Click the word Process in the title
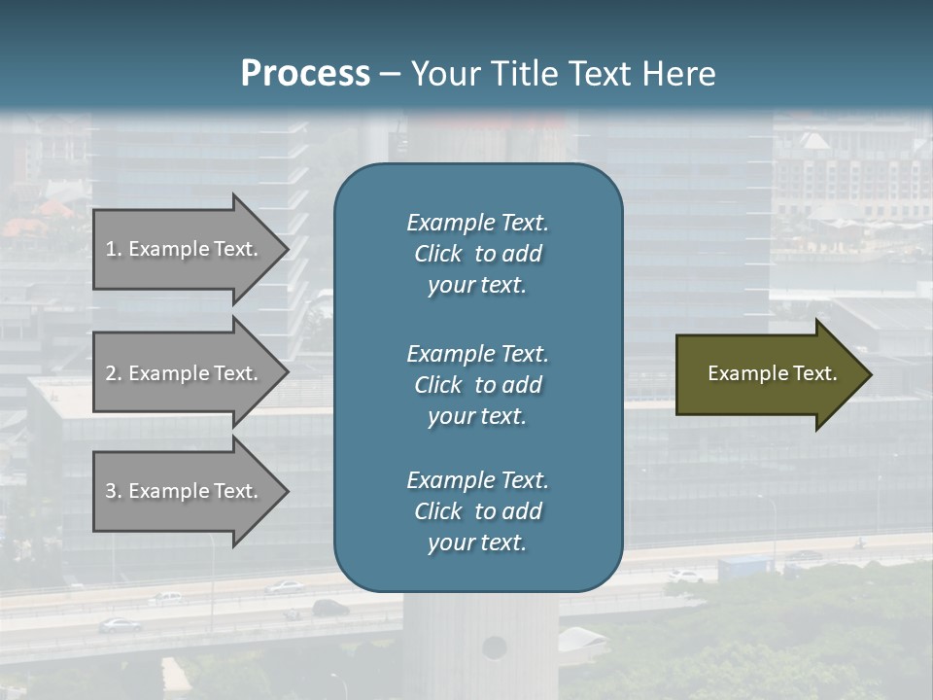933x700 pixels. pyautogui.click(x=305, y=74)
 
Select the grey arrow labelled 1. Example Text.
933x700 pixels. pyautogui.click(x=185, y=249)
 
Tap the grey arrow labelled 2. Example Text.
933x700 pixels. pyautogui.click(x=185, y=373)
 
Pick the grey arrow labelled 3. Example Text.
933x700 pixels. pyautogui.click(x=185, y=491)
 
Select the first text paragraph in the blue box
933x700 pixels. pyautogui.click(x=477, y=254)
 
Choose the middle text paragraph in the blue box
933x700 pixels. pyautogui.click(x=477, y=385)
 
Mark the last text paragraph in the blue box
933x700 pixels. pyautogui.click(x=477, y=511)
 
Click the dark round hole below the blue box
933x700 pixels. pyautogui.click(x=495, y=647)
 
